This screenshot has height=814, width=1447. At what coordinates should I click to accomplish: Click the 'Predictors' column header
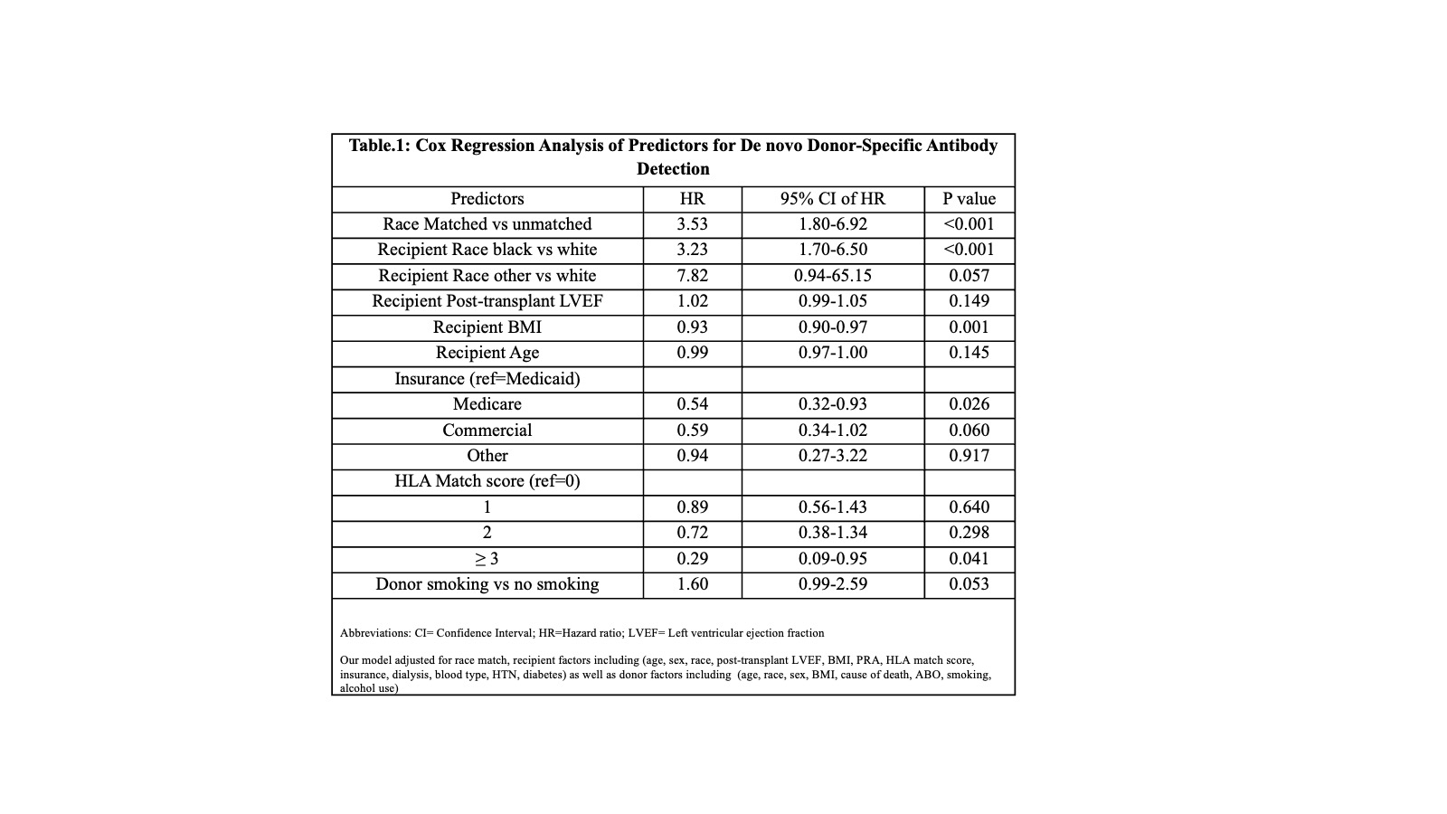pyautogui.click(x=487, y=199)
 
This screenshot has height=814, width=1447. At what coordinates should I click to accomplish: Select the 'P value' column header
pyautogui.click(x=969, y=199)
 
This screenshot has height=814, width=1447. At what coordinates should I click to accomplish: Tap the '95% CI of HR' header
pyautogui.click(x=832, y=199)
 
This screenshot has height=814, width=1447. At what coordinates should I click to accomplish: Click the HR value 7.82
pyautogui.click(x=692, y=276)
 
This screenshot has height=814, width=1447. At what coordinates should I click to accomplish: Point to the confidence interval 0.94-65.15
pyautogui.click(x=832, y=276)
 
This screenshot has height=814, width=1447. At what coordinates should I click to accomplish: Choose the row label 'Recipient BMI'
pyautogui.click(x=487, y=327)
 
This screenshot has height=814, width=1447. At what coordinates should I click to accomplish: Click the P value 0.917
pyautogui.click(x=969, y=456)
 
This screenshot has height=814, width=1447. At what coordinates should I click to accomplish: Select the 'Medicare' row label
pyautogui.click(x=487, y=404)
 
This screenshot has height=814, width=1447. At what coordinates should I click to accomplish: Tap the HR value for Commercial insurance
pyautogui.click(x=692, y=431)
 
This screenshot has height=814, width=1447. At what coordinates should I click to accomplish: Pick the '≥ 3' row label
pyautogui.click(x=487, y=559)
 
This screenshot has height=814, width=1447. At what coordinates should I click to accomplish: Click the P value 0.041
pyautogui.click(x=969, y=559)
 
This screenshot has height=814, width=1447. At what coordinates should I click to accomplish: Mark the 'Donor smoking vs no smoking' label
pyautogui.click(x=487, y=584)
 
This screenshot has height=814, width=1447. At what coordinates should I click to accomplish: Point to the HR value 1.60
pyautogui.click(x=692, y=584)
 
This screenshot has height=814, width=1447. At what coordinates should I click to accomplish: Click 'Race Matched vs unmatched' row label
pyautogui.click(x=487, y=224)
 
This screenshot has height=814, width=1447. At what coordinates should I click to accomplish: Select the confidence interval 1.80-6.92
pyautogui.click(x=832, y=224)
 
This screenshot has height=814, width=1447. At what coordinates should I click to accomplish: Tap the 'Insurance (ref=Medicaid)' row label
pyautogui.click(x=487, y=379)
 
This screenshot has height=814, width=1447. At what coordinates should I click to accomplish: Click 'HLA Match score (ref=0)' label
pyautogui.click(x=487, y=481)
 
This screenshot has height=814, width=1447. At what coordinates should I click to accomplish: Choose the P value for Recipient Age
pyautogui.click(x=969, y=353)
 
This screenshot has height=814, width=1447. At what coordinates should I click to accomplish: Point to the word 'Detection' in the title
pyautogui.click(x=673, y=169)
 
